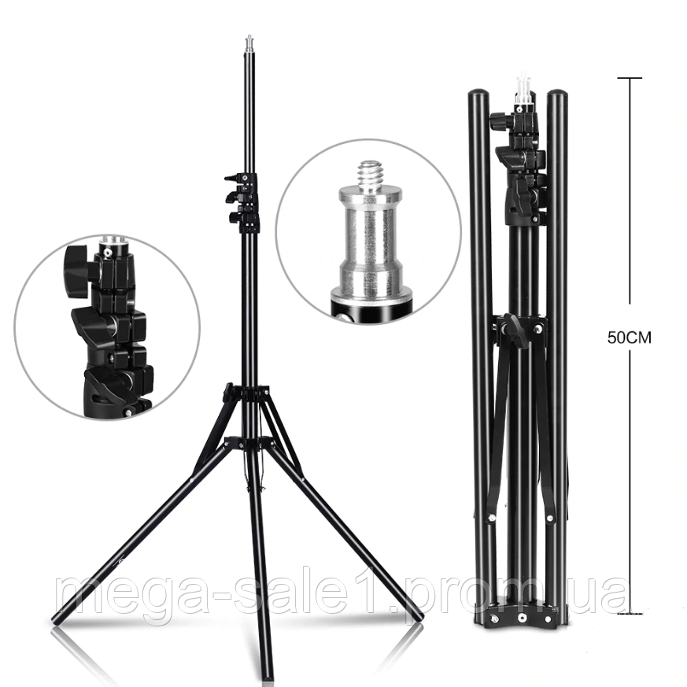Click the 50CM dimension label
pyautogui.click(x=630, y=338)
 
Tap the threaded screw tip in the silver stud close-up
pyautogui.click(x=371, y=173)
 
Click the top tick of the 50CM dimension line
pyautogui.click(x=630, y=78)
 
